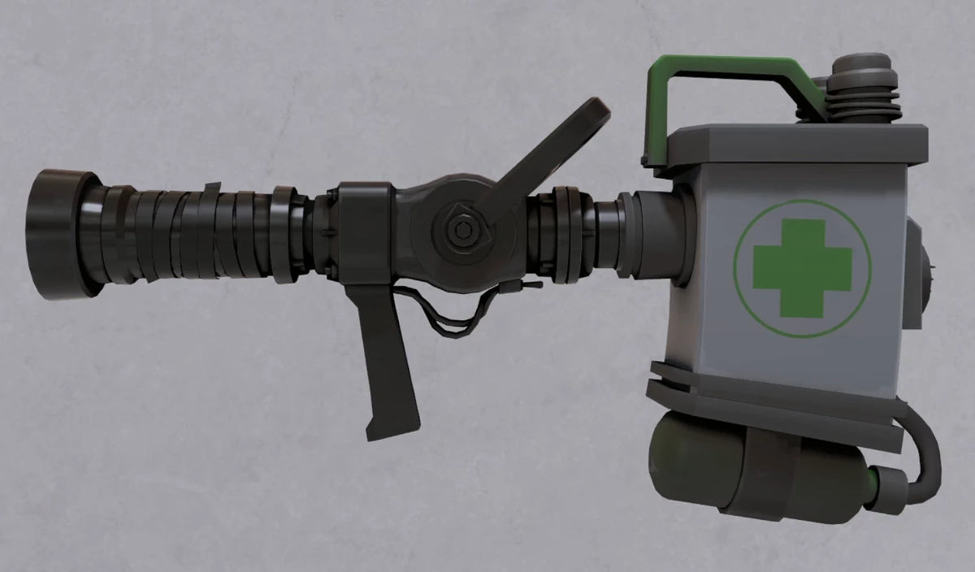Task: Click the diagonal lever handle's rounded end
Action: [x=594, y=114]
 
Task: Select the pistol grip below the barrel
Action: [x=386, y=357]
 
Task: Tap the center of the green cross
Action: [x=801, y=267]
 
